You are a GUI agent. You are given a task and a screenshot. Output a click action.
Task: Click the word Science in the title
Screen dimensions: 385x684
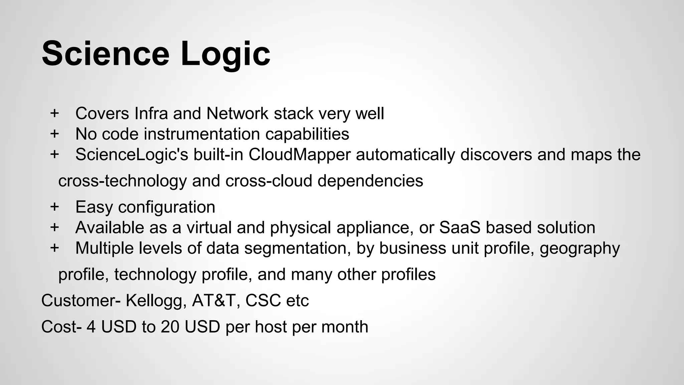[x=106, y=53]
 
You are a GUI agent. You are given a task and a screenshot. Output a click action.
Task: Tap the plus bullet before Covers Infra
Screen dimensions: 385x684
[x=54, y=113]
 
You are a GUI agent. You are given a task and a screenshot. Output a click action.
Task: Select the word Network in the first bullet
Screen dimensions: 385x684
[x=237, y=113]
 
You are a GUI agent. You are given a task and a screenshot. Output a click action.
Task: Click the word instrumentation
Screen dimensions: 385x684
[x=202, y=134]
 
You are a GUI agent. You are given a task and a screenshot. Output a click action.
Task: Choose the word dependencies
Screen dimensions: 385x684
[x=370, y=181]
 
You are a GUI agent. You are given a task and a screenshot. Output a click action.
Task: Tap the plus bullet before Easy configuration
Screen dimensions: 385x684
[x=54, y=207]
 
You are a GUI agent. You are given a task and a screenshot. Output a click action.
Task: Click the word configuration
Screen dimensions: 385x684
[x=166, y=208]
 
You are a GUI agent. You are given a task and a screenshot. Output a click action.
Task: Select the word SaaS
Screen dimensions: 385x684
[x=460, y=228]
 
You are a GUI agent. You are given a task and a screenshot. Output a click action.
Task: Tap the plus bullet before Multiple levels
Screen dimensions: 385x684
[x=54, y=248]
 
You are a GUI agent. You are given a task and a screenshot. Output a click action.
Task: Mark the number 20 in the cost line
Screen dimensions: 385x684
[x=170, y=327]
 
